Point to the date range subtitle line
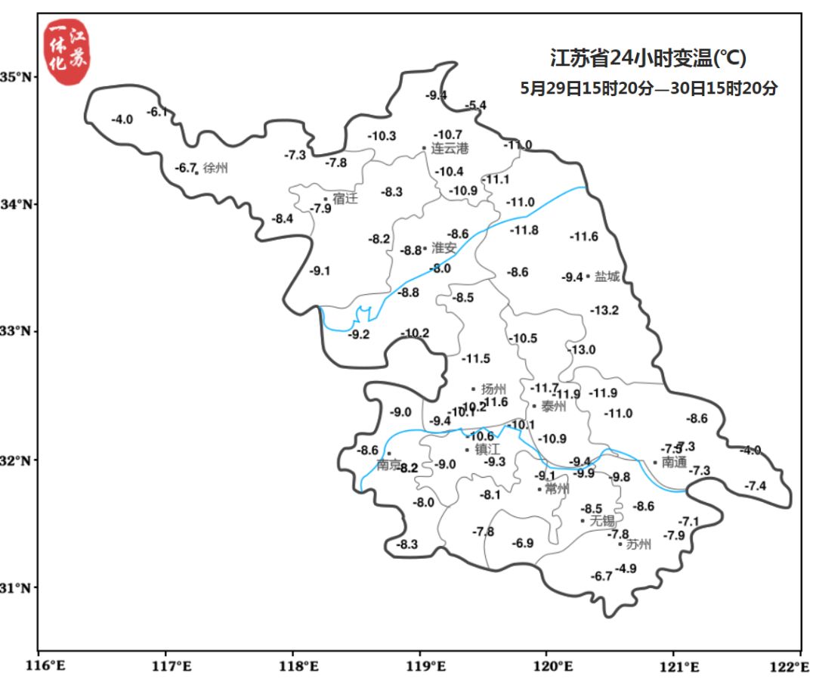click(649, 88)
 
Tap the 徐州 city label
click(215, 169)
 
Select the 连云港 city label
click(450, 149)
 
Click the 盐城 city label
click(607, 277)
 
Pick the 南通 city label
click(674, 462)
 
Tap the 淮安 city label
click(444, 248)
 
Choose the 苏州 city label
click(638, 544)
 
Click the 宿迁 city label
click(345, 199)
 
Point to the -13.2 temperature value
click(604, 310)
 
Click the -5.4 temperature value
click(476, 105)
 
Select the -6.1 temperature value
click(156, 112)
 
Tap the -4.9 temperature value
click(626, 569)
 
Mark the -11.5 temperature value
click(476, 358)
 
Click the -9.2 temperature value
click(358, 335)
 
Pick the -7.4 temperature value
click(755, 486)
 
